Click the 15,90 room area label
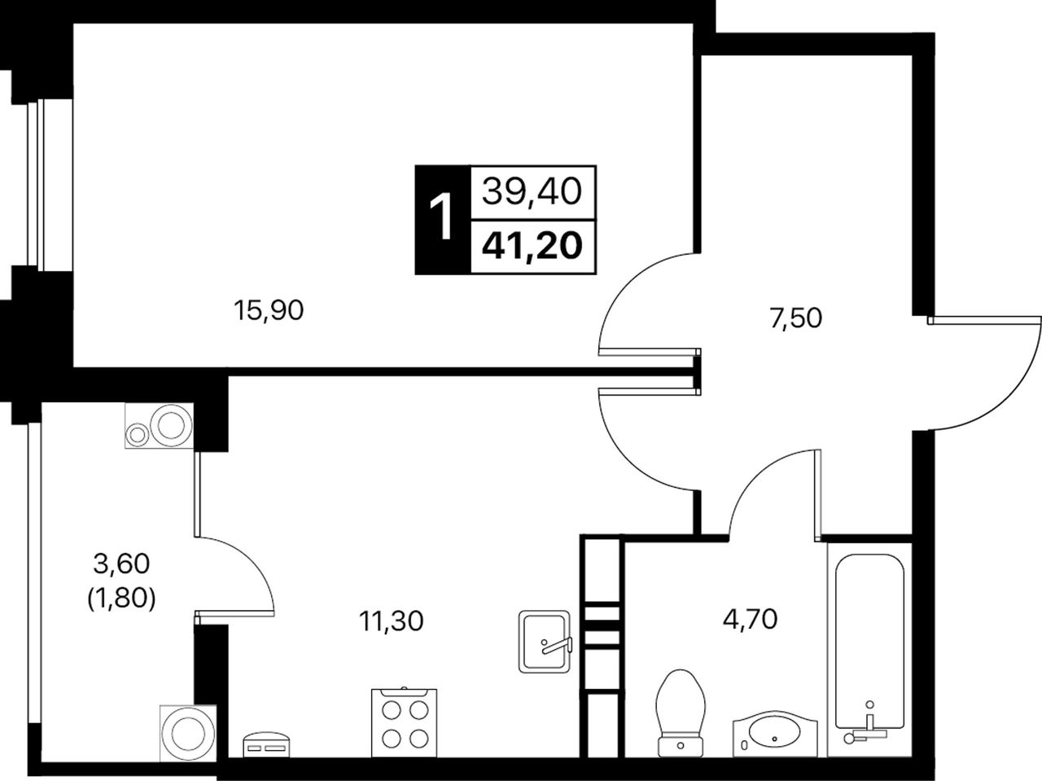click(x=269, y=311)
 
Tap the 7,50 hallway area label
click(x=795, y=318)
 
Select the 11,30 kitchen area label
click(x=392, y=621)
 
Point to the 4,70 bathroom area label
click(x=750, y=619)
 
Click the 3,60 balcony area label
click(x=122, y=564)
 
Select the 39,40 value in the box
click(x=532, y=192)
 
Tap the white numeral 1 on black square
click(x=440, y=220)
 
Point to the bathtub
click(x=869, y=655)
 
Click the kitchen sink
click(x=545, y=642)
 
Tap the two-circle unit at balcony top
click(x=160, y=425)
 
